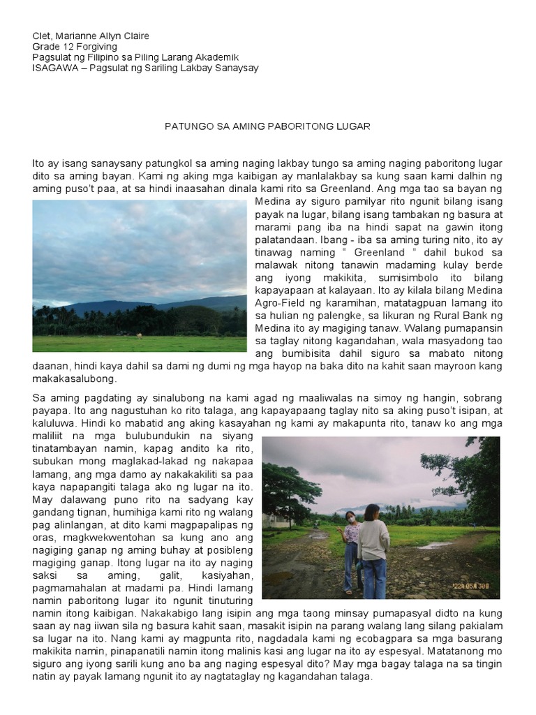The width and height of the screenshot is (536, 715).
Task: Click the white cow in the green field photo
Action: click(x=139, y=334)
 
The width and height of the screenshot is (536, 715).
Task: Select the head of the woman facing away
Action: click(x=372, y=513)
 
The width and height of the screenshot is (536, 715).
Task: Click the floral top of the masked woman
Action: click(x=352, y=534)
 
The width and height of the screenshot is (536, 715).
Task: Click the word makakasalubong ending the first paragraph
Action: click(x=75, y=378)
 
